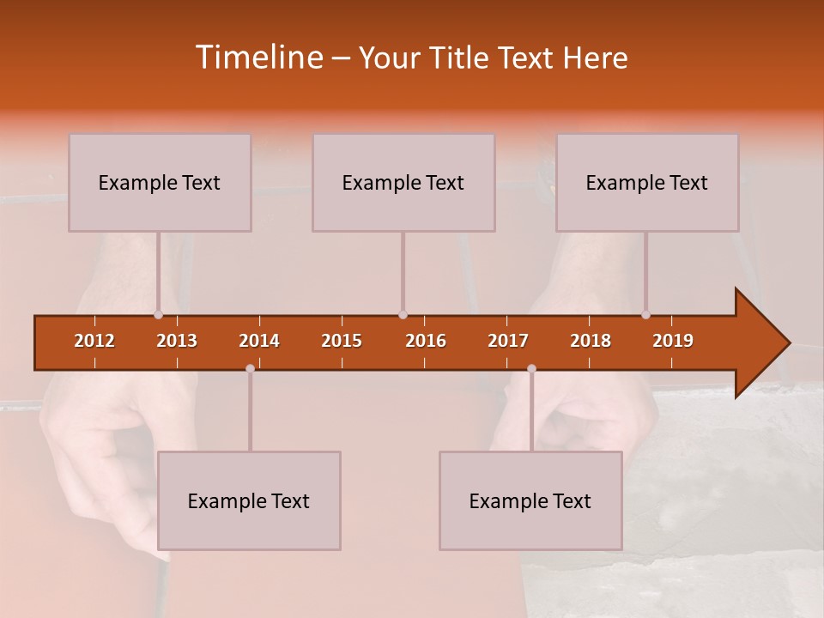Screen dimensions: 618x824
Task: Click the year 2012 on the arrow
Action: [94, 341]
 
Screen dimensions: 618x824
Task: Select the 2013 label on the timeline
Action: [177, 341]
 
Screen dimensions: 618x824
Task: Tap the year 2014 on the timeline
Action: [259, 341]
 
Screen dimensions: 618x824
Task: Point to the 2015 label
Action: [342, 341]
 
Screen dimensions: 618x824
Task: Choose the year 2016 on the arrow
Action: [426, 341]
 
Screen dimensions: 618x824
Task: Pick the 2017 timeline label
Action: [508, 341]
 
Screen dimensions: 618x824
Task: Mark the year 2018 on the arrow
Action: [591, 341]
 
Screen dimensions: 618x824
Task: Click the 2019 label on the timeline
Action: [673, 341]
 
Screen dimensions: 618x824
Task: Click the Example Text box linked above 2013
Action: [160, 182]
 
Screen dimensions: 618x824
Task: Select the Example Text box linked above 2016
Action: [403, 182]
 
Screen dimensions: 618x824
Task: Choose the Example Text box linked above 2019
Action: [647, 182]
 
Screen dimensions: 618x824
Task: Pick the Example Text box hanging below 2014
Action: [249, 500]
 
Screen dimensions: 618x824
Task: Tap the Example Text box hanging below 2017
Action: [530, 500]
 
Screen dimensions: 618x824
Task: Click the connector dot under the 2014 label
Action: [250, 368]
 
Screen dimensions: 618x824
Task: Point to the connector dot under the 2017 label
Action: [531, 368]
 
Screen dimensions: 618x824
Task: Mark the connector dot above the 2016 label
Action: [403, 315]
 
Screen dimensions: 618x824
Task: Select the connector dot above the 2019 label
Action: [646, 315]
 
